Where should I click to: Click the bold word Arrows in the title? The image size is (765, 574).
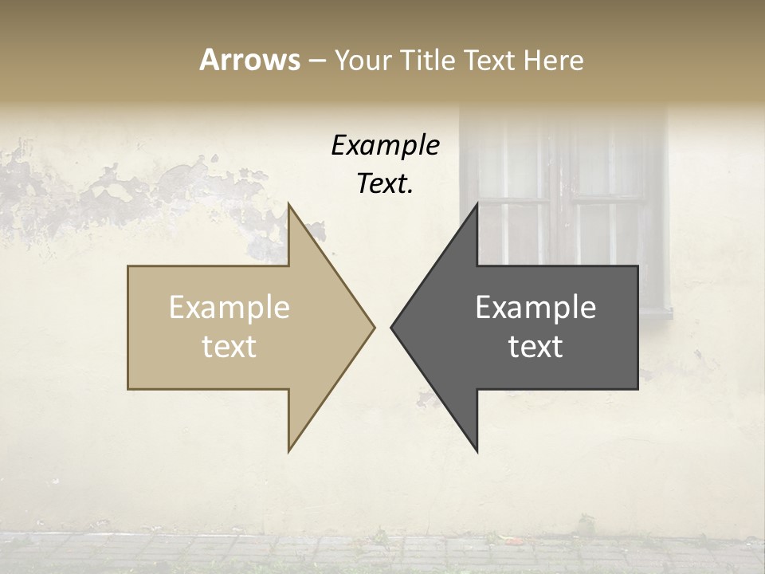coord(249,60)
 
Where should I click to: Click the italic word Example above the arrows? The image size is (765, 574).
coord(385,146)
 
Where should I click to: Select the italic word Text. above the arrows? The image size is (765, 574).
coord(385,184)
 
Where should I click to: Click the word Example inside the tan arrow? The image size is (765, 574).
coord(229,308)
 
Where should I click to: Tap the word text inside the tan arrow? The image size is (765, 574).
coord(229,347)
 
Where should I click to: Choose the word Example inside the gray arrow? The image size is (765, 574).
coord(535,308)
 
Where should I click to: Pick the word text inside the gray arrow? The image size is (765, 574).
coord(535,347)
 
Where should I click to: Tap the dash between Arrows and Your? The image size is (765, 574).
coord(316,61)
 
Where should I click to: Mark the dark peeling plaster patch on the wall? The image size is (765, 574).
coord(120,191)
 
